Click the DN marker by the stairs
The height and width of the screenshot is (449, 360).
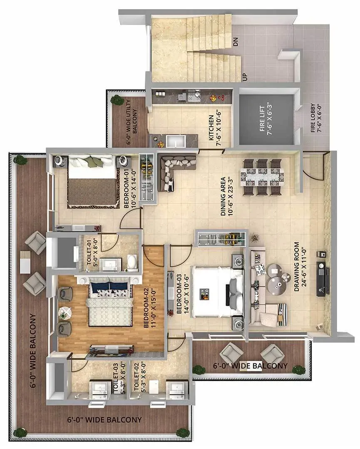236,42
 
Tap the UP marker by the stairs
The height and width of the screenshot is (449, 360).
244,77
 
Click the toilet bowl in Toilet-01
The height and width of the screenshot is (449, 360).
132,262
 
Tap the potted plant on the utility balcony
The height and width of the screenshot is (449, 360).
116,100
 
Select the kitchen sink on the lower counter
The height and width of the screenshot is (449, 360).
175,141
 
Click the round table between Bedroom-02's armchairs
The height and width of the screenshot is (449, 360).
64,312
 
